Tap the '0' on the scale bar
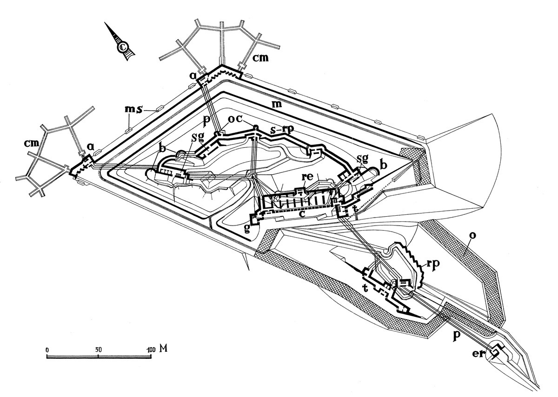click(x=47, y=348)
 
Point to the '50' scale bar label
click(x=98, y=348)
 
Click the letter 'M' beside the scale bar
click(x=163, y=348)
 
